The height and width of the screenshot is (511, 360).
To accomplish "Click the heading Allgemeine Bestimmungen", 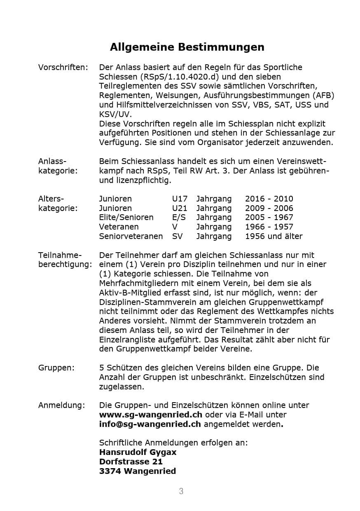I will (x=187, y=47).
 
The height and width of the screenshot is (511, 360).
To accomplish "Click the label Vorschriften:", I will (x=63, y=67).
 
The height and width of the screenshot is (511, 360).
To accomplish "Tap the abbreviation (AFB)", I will (x=323, y=95).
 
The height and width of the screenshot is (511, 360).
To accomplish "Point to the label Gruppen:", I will (x=56, y=368).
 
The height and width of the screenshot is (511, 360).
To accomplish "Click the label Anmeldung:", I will (x=62, y=405).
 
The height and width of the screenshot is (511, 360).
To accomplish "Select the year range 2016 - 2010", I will (x=269, y=199).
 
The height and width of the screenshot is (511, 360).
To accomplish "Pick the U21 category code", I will (x=180, y=208).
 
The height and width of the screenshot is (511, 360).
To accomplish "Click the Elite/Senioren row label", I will (x=126, y=217).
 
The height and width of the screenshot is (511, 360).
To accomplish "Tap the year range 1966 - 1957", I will (x=269, y=227).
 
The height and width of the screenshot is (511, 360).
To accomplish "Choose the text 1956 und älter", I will (x=274, y=236).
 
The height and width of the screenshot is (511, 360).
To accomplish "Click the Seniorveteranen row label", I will (x=131, y=236).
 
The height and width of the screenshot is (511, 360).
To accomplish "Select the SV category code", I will (x=177, y=236).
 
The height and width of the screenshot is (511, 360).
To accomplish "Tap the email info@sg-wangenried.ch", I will (x=150, y=424).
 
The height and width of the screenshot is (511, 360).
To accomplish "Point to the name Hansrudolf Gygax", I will (x=138, y=452).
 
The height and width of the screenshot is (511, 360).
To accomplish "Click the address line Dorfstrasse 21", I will (x=131, y=462).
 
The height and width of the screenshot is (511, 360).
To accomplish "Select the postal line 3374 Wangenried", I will (x=137, y=471).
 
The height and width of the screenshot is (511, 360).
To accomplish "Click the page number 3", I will (x=181, y=491).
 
